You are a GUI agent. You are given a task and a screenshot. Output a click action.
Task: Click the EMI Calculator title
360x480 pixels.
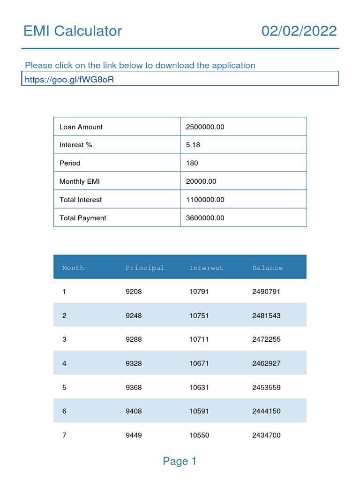[x=73, y=31]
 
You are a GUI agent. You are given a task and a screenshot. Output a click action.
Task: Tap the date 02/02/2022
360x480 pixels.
[x=299, y=31]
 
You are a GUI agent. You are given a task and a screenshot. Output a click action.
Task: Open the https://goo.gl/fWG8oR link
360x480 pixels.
[x=69, y=79]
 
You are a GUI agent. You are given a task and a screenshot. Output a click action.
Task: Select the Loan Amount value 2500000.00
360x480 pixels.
[x=205, y=127]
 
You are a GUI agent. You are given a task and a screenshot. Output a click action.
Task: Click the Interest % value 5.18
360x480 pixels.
[x=193, y=145]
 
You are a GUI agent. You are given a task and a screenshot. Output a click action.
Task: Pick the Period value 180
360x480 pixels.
[x=192, y=163]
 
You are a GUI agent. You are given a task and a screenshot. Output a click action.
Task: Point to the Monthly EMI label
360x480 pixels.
[x=79, y=181]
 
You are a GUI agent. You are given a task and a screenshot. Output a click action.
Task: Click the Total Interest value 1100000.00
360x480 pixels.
[x=205, y=200]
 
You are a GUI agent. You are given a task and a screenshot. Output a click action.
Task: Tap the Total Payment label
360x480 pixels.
[x=83, y=218]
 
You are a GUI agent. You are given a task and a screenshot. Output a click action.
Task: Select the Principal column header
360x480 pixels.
[x=145, y=268]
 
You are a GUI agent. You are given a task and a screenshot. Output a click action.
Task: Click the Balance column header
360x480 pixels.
[x=268, y=268]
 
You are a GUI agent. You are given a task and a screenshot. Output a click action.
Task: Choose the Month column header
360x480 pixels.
[x=73, y=268]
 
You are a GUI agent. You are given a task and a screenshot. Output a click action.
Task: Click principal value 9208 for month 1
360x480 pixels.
[x=134, y=292]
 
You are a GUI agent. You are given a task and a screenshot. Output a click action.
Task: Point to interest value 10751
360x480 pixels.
[x=199, y=315]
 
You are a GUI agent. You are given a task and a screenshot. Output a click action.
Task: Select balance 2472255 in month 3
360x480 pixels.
[x=266, y=339]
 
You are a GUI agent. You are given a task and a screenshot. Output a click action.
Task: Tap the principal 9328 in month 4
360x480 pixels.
[x=134, y=363]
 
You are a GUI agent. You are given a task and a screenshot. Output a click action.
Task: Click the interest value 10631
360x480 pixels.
[x=199, y=388]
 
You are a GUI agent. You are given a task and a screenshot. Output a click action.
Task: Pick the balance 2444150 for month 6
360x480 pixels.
[x=266, y=411]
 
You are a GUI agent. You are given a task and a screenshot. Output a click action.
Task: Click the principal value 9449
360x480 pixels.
[x=134, y=435]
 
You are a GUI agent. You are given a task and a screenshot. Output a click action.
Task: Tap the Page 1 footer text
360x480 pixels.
[x=180, y=461]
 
